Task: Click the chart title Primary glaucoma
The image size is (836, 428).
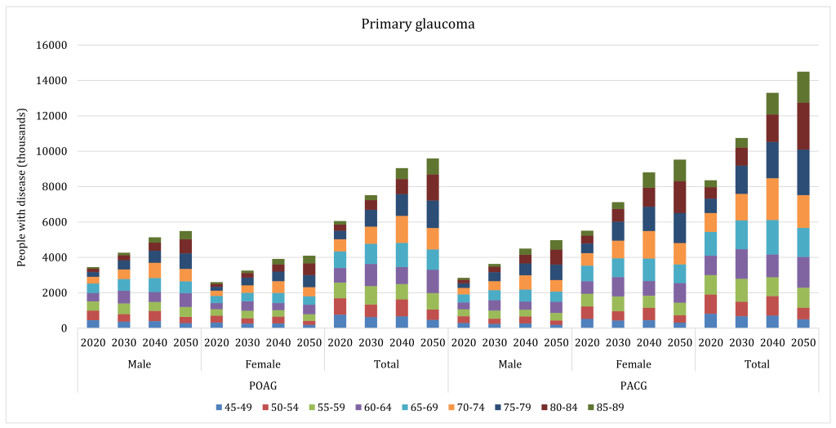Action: pos(418,24)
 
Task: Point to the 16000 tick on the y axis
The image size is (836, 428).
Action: pos(48,45)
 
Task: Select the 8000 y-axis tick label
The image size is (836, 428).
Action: pos(51,186)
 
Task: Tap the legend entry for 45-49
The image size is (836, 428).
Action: pos(236,407)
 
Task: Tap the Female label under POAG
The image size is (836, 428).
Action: pos(263,363)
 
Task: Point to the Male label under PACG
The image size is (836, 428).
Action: pos(509,363)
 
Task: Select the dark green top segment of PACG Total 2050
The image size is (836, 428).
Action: pos(803,87)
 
